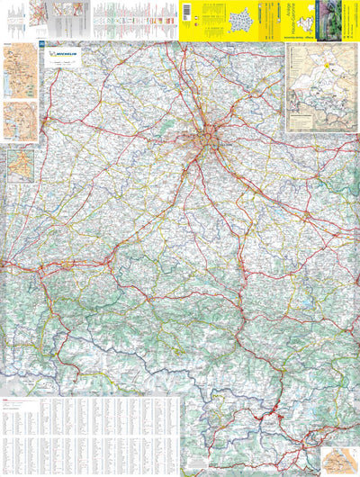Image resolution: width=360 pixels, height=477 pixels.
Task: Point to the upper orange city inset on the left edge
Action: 19,72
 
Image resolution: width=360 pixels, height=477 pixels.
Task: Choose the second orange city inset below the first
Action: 19,121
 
